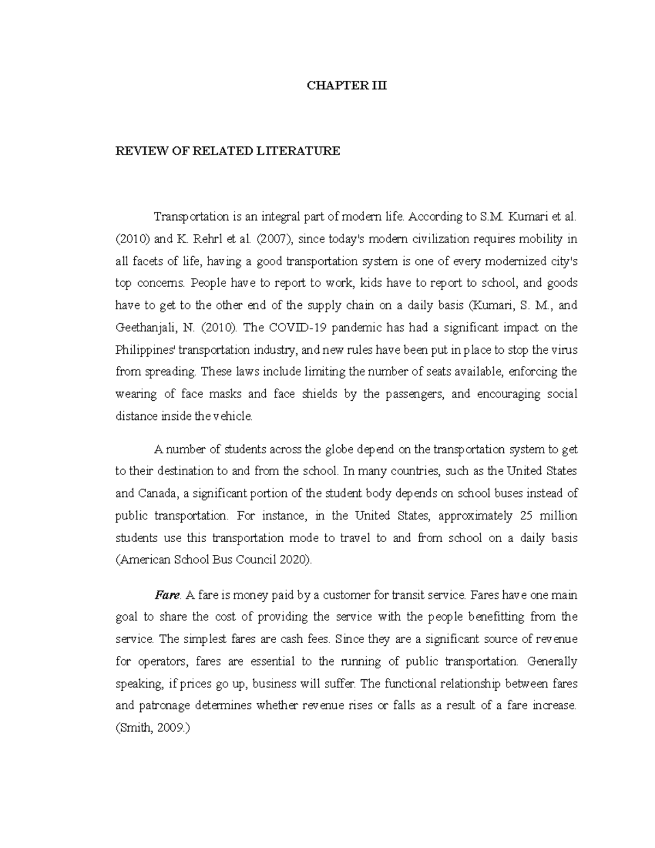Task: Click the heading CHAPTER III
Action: pyautogui.click(x=347, y=86)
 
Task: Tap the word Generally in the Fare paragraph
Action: pyautogui.click(x=552, y=661)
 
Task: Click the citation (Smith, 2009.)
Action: pyautogui.click(x=153, y=728)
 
